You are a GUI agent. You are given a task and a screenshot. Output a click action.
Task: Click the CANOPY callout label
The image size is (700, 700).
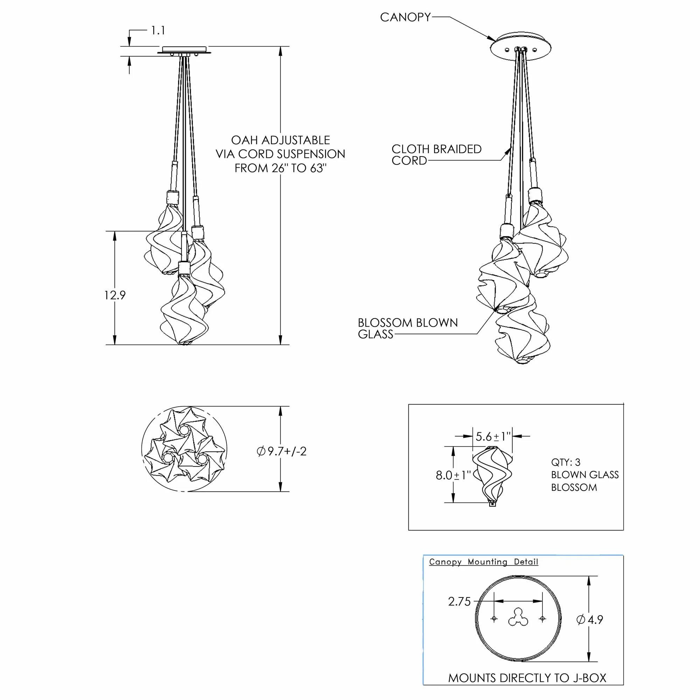(405, 17)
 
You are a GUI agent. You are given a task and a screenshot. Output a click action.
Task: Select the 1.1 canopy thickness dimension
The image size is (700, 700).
(158, 30)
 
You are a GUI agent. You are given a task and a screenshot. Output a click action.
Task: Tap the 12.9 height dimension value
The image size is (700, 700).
(115, 295)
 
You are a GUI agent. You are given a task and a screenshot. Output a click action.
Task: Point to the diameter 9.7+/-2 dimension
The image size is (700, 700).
(281, 451)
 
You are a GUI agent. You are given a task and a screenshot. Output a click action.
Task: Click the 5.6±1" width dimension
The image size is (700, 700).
(493, 436)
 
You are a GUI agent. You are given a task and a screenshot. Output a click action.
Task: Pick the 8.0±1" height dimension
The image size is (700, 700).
(453, 475)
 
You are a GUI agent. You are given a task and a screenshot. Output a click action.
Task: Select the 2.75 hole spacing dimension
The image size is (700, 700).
(459, 601)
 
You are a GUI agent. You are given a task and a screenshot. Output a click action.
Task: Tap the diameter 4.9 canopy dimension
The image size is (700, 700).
(589, 619)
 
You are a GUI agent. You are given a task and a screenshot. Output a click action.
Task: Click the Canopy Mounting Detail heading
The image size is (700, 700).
(483, 562)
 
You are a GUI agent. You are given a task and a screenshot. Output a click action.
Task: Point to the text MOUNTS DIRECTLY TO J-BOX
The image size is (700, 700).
(527, 678)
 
